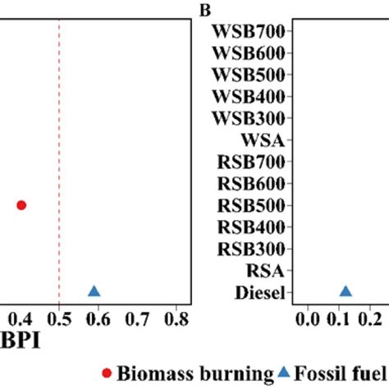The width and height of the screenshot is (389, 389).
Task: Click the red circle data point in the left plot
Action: [x=21, y=204]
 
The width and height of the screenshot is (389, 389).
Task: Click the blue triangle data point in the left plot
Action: [x=94, y=291]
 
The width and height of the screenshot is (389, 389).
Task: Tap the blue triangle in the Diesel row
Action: [x=346, y=291]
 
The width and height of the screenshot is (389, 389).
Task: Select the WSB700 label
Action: [x=248, y=33]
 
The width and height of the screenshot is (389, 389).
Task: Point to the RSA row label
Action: [x=266, y=269]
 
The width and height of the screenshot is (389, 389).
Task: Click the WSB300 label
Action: [x=248, y=118]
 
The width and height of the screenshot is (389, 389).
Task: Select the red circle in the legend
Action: [x=106, y=374]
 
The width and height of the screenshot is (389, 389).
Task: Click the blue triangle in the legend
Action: [x=282, y=374]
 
